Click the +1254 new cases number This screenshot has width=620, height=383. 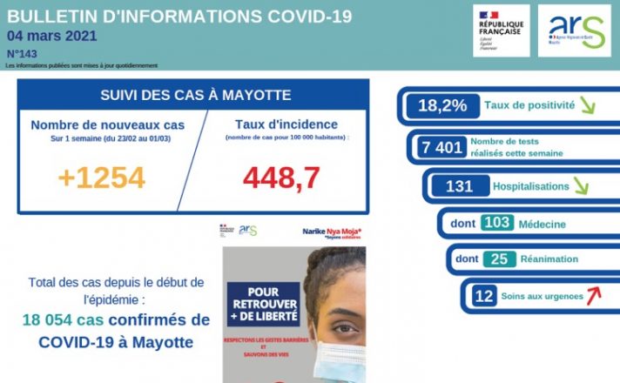(x=101, y=177)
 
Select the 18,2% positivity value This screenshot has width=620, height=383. (x=442, y=106)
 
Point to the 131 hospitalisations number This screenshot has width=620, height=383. (x=458, y=186)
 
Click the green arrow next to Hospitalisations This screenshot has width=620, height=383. (x=579, y=186)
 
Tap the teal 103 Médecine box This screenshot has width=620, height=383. (x=496, y=223)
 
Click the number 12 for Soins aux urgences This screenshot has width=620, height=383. (x=483, y=296)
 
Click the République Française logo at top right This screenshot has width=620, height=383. (x=501, y=30)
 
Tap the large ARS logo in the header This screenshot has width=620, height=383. (x=574, y=30)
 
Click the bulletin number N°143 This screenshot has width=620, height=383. (x=20, y=53)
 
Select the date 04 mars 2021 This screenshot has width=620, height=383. (x=51, y=36)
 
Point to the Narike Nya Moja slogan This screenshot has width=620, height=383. (x=332, y=232)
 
